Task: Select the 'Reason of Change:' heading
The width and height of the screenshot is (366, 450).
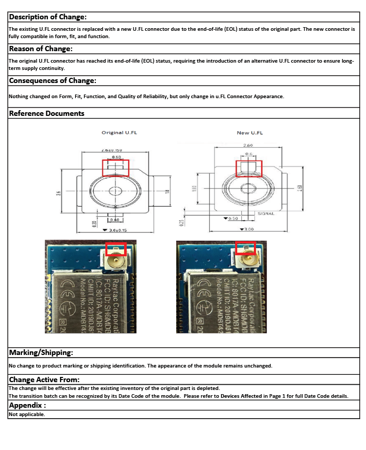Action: [41, 49]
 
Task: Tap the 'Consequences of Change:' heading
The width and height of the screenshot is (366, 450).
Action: [53, 81]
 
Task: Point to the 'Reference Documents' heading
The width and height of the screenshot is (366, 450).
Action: [47, 113]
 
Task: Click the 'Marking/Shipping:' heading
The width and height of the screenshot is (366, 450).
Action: [41, 353]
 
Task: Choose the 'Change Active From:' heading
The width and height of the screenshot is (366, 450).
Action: [44, 380]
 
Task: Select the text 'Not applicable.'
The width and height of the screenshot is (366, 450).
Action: [27, 415]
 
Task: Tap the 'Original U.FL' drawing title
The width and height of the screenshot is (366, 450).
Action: [119, 133]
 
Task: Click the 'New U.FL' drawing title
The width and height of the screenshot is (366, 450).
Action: [250, 133]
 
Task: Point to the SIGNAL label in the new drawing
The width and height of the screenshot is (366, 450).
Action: [265, 214]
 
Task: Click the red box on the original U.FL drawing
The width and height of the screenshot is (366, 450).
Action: [115, 168]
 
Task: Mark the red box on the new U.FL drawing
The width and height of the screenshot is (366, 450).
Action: [249, 168]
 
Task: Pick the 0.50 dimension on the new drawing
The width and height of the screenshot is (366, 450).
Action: [232, 219]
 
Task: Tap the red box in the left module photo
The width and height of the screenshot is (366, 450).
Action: [116, 248]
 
